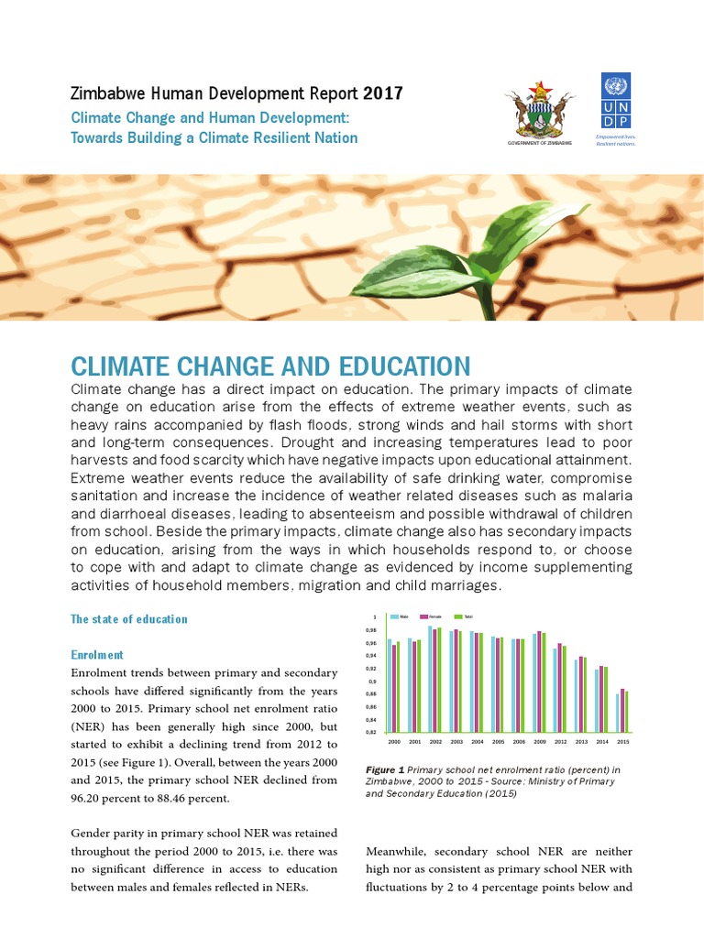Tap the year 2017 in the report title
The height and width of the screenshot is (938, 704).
click(381, 93)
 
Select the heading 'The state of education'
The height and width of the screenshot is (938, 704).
click(128, 619)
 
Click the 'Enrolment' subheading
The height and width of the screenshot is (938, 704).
click(97, 655)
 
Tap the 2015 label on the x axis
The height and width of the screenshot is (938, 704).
click(623, 740)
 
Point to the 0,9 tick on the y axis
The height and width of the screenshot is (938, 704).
click(372, 682)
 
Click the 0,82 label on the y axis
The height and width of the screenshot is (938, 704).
click(371, 733)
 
